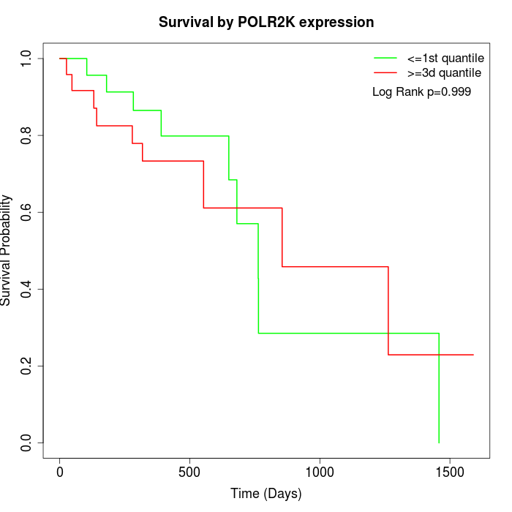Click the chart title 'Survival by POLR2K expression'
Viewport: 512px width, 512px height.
pos(266,23)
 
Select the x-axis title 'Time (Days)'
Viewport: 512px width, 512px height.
pos(266,494)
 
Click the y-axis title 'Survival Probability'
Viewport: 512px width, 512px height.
pos(7,249)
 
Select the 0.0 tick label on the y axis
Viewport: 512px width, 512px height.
pos(27,443)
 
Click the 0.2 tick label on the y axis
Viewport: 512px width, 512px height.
pos(27,366)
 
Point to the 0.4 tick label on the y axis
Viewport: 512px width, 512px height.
pos(27,289)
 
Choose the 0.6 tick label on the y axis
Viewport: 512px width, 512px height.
pos(27,212)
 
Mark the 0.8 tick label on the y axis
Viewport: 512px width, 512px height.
pos(27,135)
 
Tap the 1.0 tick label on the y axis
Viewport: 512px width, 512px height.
pos(27,59)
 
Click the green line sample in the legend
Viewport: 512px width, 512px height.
pos(385,57)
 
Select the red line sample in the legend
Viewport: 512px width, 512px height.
pos(385,72)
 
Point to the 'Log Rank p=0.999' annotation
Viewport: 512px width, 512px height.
pos(421,92)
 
